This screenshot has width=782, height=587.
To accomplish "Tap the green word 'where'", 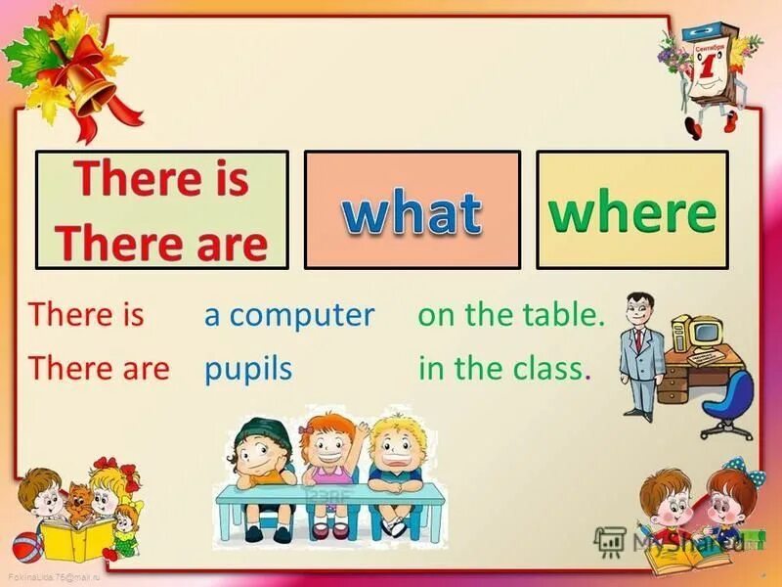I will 631,211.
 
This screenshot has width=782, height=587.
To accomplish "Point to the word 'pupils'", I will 248,369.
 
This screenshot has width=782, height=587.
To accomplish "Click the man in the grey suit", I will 639,352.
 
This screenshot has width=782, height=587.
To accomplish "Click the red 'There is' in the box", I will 162,180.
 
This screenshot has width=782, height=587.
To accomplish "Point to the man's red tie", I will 637,339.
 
